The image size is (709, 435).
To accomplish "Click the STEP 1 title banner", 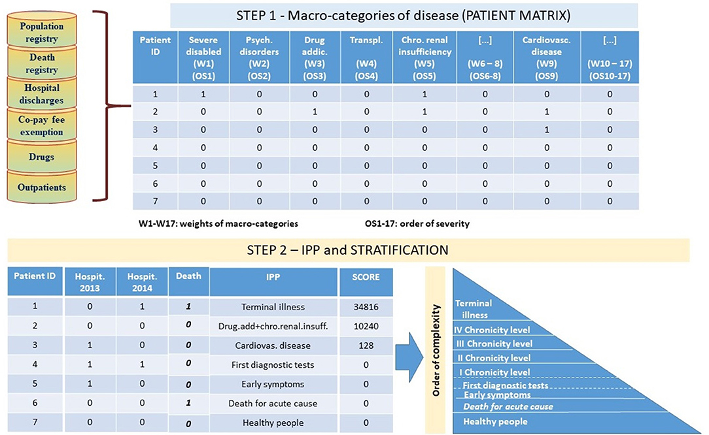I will (x=404, y=16).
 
